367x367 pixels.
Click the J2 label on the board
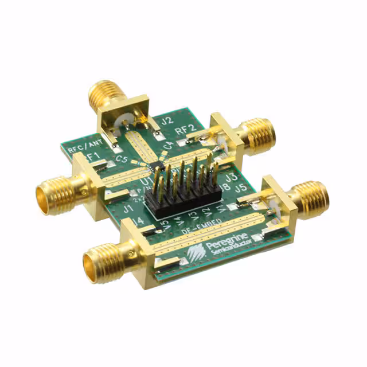tap(167, 121)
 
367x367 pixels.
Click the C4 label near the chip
tap(169, 147)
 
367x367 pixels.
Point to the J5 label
tap(241, 187)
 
